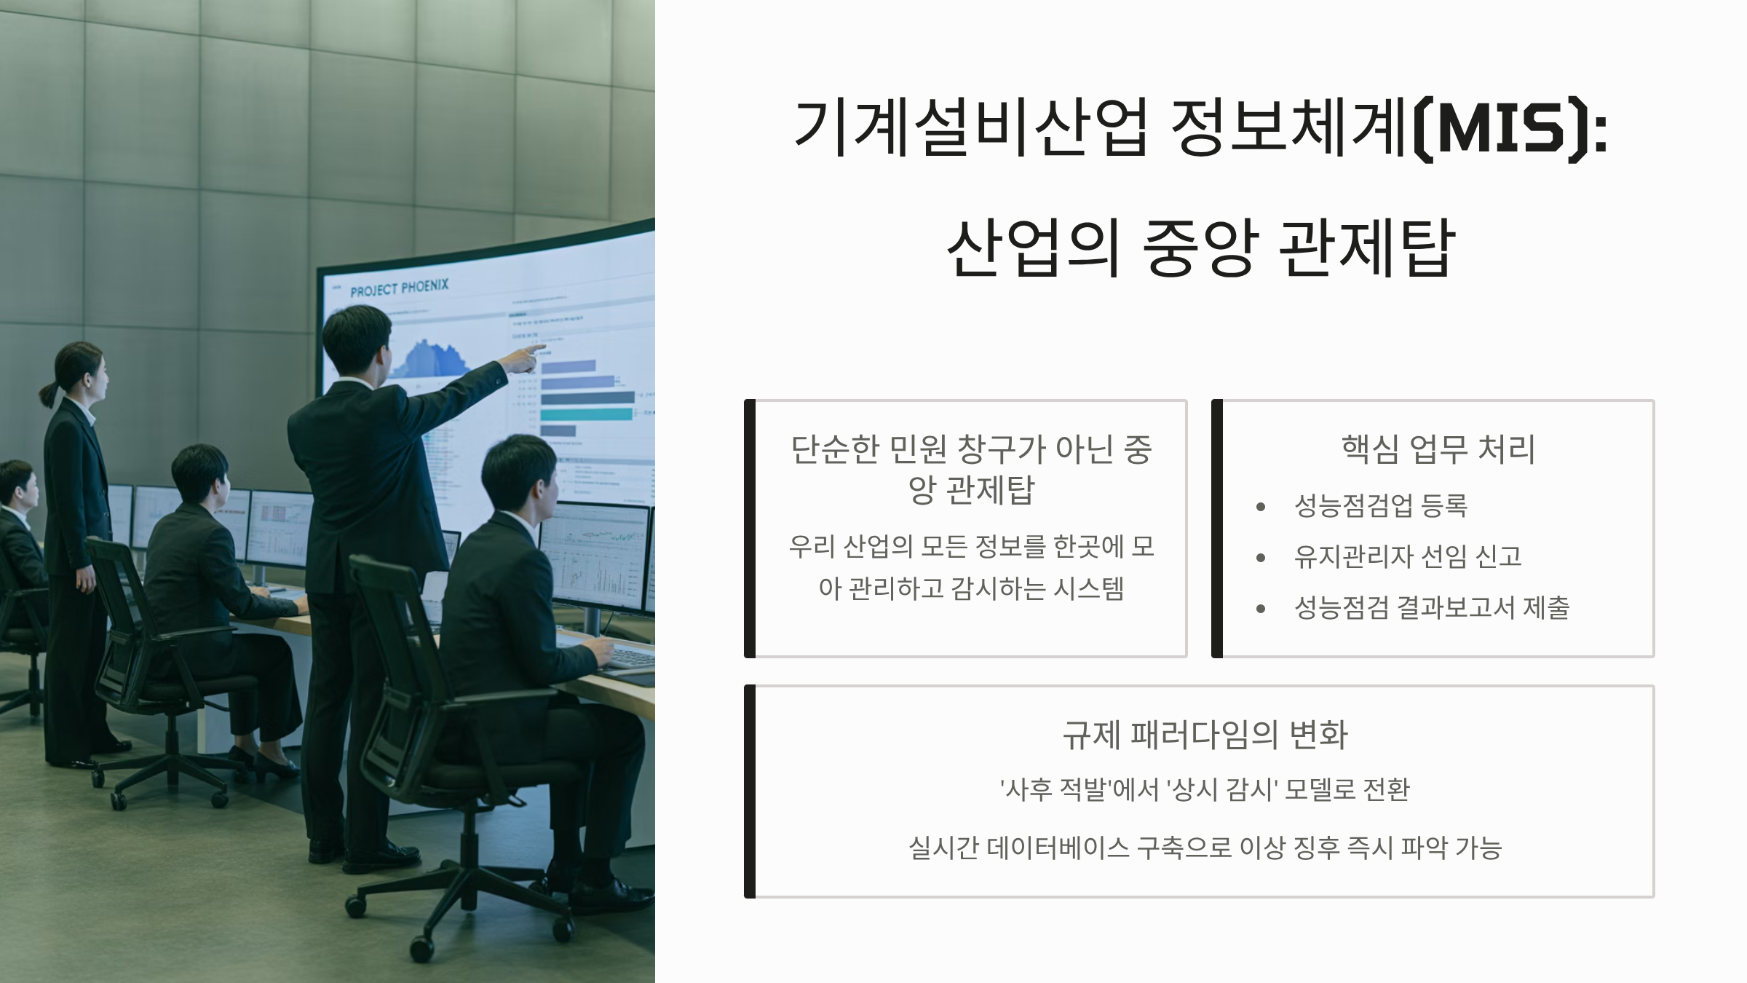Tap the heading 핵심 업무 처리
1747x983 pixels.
pyautogui.click(x=1438, y=449)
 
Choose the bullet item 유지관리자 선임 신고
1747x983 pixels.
pyautogui.click(x=1407, y=557)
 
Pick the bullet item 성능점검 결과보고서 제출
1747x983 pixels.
pyautogui.click(x=1431, y=608)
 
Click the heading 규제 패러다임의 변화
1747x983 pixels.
pyautogui.click(x=1205, y=735)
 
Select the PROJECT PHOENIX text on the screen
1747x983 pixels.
pyautogui.click(x=399, y=288)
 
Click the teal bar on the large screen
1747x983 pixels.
pyautogui.click(x=587, y=414)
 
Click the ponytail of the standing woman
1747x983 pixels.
pyautogui.click(x=49, y=393)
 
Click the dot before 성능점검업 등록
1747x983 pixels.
pyautogui.click(x=1261, y=507)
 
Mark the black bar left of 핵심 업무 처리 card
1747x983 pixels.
pyautogui.click(x=1216, y=528)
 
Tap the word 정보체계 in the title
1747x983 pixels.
pyautogui.click(x=1288, y=129)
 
